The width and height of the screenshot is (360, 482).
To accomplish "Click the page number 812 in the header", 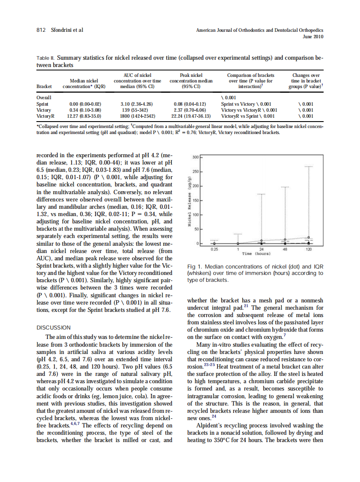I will (41, 30).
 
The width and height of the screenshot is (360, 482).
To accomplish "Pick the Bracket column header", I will (44, 86).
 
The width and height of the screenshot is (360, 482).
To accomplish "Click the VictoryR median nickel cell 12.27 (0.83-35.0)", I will (84, 116).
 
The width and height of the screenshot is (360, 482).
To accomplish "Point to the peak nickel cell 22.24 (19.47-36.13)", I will (191, 116).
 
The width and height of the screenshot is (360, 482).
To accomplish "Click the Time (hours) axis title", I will (262, 253).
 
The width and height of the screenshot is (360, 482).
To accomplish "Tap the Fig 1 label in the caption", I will (196, 267).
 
